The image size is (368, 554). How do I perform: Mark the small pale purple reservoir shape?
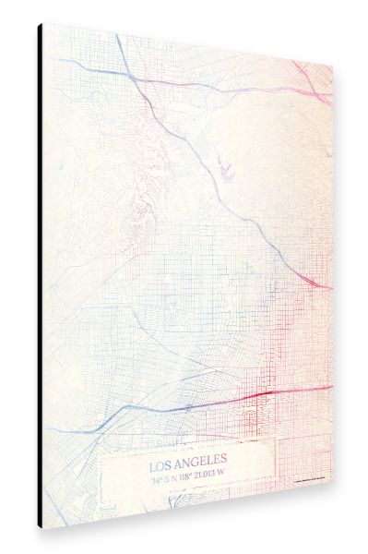[224, 167]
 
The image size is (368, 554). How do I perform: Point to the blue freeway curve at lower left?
[101, 421]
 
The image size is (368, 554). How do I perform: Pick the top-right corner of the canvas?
[332, 65]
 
